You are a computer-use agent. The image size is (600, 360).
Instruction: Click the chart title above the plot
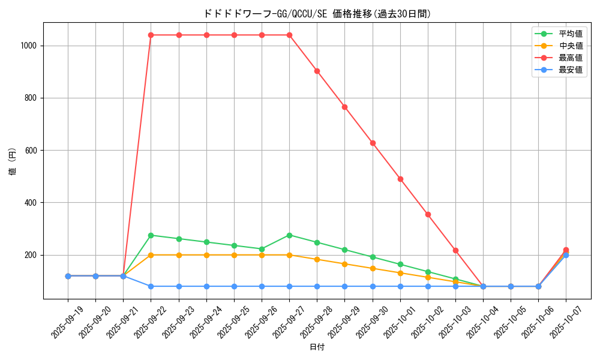[x=317, y=14]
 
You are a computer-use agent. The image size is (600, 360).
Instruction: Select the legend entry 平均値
[x=570, y=34]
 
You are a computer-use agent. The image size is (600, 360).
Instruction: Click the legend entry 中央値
[x=570, y=46]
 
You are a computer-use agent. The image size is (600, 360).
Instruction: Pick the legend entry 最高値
[x=570, y=58]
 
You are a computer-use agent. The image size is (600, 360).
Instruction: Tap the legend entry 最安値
[x=570, y=70]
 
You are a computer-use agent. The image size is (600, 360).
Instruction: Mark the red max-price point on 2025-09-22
[x=151, y=35]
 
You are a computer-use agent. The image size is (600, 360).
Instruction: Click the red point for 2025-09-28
[x=317, y=71]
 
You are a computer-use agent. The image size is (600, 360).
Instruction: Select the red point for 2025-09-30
[x=373, y=143]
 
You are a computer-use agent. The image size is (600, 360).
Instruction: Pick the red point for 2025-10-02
[x=428, y=214]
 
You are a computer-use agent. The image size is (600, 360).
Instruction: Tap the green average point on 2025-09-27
[x=289, y=235]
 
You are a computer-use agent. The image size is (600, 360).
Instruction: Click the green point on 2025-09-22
[x=151, y=235]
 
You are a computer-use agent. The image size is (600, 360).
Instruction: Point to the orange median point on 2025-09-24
[x=206, y=255]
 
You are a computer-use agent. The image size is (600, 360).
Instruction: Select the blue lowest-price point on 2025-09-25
[x=234, y=286]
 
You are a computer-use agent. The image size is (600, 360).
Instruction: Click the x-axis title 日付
[x=317, y=347]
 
